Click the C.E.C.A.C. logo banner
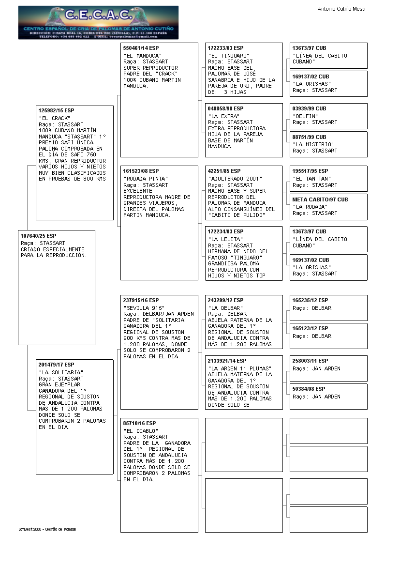[x=98, y=22]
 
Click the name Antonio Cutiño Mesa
[x=341, y=9]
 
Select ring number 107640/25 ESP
[x=39, y=236]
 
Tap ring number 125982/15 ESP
[x=57, y=111]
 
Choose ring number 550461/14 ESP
[x=141, y=48]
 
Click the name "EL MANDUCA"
[x=142, y=56]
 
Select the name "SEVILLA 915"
[x=144, y=308]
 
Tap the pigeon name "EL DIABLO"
[x=141, y=430]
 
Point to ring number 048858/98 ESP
[x=225, y=108]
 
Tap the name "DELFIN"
[x=305, y=116]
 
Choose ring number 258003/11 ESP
[x=310, y=361]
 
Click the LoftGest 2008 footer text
[x=47, y=529]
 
